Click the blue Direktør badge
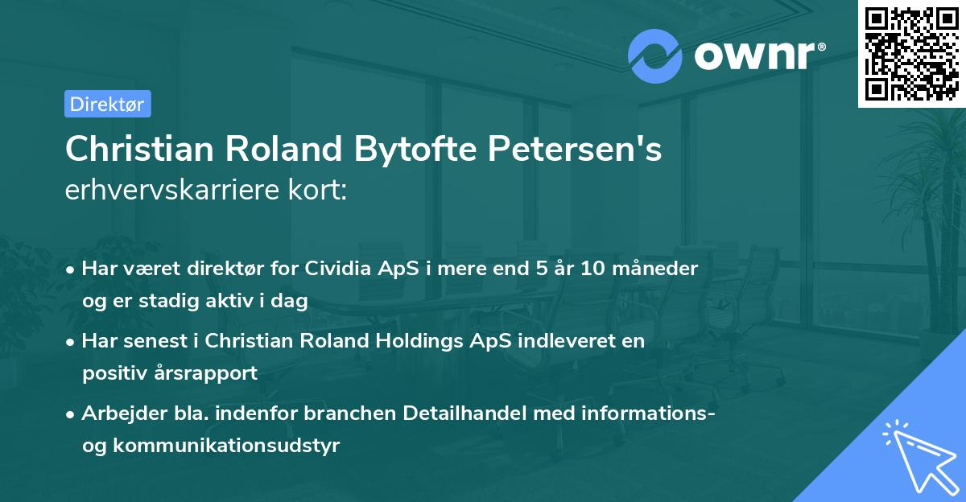(x=107, y=104)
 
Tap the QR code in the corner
(x=911, y=53)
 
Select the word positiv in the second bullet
(x=109, y=373)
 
